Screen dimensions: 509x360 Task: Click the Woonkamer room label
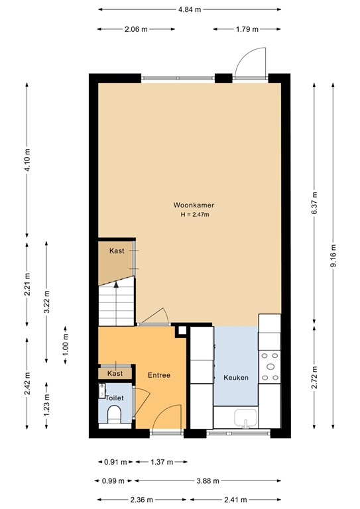pos(194,205)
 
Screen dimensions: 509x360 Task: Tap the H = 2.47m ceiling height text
pos(194,215)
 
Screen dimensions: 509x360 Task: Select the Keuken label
pos(235,378)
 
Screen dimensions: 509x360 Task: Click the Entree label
pos(159,375)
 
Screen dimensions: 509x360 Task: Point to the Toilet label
pos(115,398)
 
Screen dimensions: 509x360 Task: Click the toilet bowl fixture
pos(114,416)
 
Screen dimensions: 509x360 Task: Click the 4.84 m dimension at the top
pos(189,9)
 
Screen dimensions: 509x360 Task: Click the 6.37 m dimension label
pos(314,201)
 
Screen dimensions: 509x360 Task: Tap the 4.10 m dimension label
pos(27,160)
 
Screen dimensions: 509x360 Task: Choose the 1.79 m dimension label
pos(247,29)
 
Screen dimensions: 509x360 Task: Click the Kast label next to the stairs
pos(117,251)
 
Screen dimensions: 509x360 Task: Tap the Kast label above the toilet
pos(115,374)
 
